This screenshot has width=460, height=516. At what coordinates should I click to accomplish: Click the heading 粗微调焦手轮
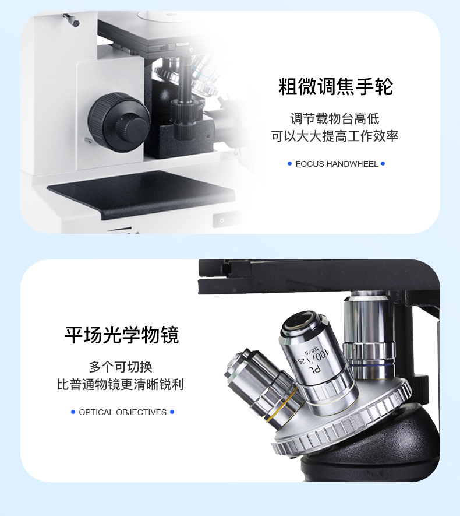point(335,86)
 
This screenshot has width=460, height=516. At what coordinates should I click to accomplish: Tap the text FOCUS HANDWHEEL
point(337,164)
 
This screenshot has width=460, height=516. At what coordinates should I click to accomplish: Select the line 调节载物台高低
point(334,119)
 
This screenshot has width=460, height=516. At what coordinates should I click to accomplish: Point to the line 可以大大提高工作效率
point(334,136)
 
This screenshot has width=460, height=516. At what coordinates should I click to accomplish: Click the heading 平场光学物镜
point(122,335)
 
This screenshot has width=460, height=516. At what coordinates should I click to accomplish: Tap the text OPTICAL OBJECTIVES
point(122,412)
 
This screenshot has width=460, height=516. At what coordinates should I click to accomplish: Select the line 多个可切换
point(121,367)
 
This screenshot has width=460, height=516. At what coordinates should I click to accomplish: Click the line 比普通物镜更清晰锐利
point(121,384)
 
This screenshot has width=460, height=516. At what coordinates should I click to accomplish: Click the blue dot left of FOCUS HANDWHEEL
point(289,164)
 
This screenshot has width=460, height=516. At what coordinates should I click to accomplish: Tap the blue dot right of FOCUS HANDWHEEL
point(383,164)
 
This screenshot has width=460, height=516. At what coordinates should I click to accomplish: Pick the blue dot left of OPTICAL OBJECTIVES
point(73,412)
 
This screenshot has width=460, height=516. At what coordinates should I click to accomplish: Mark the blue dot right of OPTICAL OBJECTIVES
point(172,412)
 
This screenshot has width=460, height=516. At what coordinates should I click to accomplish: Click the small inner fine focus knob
point(132,125)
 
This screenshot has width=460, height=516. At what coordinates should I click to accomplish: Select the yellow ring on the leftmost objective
point(282,406)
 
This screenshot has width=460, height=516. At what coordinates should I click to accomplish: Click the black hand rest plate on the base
point(141,194)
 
